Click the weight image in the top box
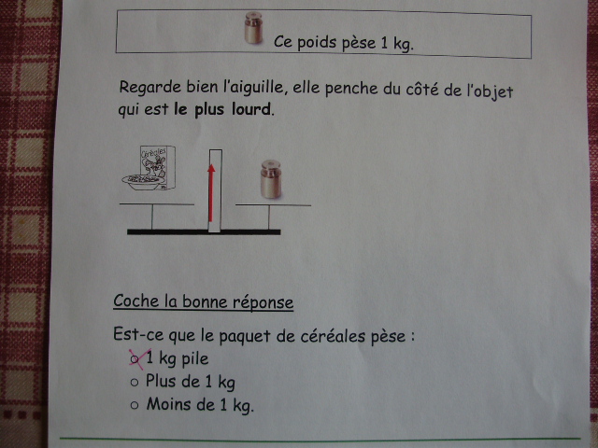pos(253,27)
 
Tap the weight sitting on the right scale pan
pos(271,179)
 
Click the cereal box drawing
pos(158,167)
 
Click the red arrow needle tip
pos(211,165)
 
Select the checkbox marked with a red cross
pos(135,358)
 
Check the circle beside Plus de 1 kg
pos(135,382)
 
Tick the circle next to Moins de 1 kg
pos(135,405)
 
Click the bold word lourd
pos(251,109)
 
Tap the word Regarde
pos(150,88)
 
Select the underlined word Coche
pos(136,301)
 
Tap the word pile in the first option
pos(195,358)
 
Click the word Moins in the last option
pos(169,404)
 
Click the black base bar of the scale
pos(204,231)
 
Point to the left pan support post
pos(152,217)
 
